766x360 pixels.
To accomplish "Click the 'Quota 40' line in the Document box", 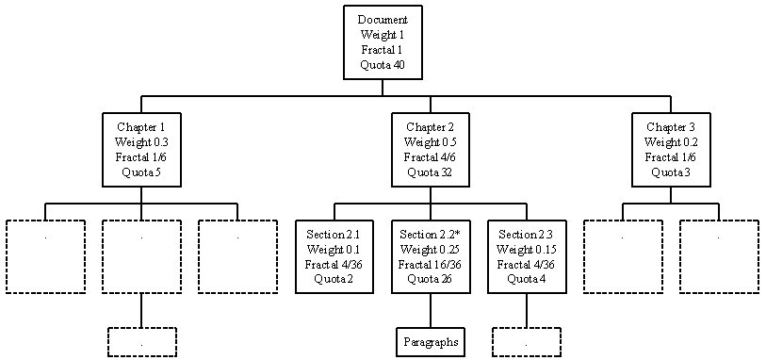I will point(382,65).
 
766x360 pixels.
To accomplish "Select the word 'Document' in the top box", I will point(382,20).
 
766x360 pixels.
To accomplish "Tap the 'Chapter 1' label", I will point(141,127).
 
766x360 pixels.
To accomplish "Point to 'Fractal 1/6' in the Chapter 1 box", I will point(141,157).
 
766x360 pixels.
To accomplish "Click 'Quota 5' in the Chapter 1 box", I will point(141,172).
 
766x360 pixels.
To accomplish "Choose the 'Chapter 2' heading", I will point(431,127).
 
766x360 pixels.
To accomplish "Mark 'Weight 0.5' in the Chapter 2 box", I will point(431,142).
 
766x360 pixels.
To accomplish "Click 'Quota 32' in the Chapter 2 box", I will point(431,172).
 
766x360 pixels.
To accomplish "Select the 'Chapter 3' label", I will point(671,127).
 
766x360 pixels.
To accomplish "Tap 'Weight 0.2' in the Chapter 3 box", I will point(671,142).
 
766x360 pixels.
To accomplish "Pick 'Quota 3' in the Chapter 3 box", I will point(671,172).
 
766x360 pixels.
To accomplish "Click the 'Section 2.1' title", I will point(334,234).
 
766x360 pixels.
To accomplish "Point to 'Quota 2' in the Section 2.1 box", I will point(334,279).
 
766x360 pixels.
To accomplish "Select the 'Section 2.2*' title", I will point(431,234).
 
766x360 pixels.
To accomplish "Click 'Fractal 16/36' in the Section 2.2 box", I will point(431,264).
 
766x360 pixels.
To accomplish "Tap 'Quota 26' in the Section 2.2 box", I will point(431,279).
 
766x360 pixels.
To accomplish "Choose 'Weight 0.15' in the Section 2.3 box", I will point(527,249).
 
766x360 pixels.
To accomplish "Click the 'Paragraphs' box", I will point(431,342).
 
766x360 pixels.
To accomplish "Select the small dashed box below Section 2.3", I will point(527,342).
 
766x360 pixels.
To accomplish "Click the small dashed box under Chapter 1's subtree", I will point(141,342).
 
